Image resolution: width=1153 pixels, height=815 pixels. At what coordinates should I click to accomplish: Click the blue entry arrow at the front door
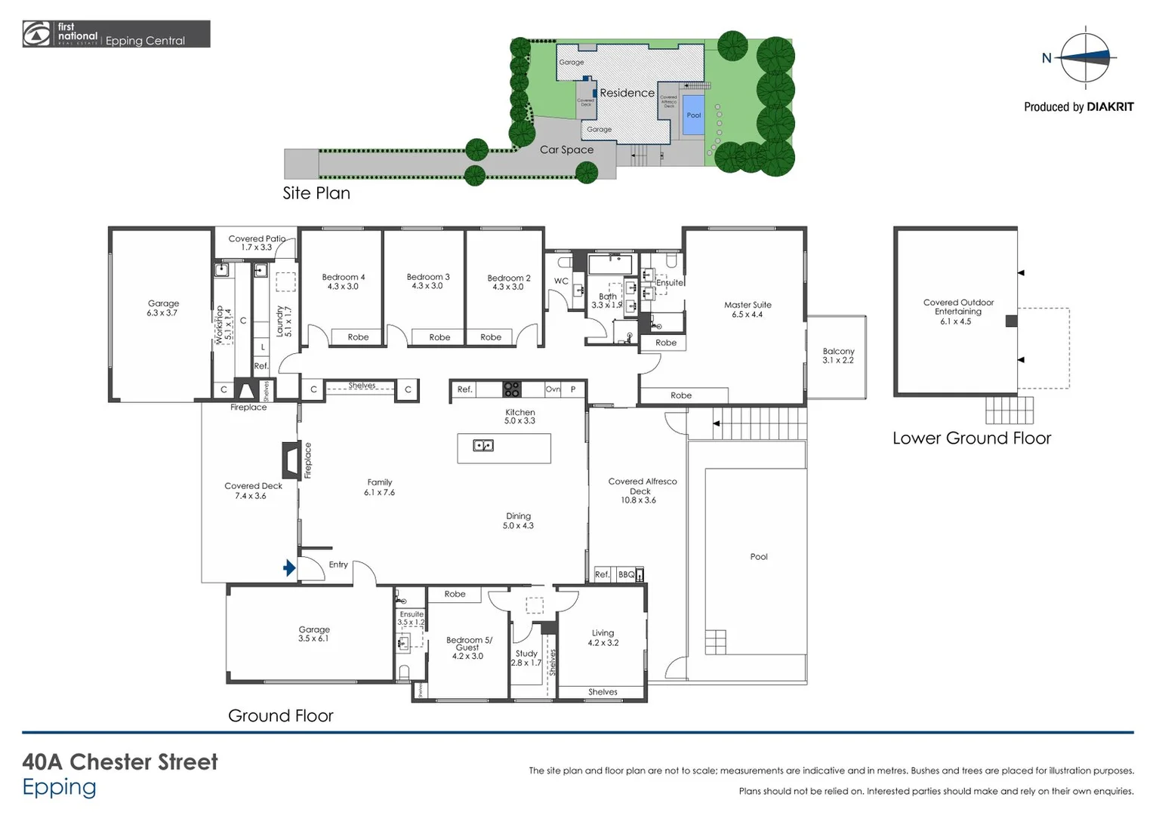pyautogui.click(x=289, y=568)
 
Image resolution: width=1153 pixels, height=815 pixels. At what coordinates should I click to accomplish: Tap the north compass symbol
pyautogui.click(x=1084, y=57)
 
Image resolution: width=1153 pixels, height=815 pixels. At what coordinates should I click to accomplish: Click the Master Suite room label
pyautogui.click(x=747, y=309)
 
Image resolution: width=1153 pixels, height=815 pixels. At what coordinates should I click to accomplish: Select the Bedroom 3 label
pyautogui.click(x=427, y=281)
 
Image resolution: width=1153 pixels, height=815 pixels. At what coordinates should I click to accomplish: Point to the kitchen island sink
pyautogui.click(x=483, y=445)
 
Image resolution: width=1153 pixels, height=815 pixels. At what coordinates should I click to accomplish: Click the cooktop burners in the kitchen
pyautogui.click(x=511, y=389)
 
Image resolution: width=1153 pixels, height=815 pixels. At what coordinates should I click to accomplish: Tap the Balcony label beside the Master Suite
pyautogui.click(x=838, y=355)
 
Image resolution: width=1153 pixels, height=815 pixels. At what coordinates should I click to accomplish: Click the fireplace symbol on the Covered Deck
pyautogui.click(x=290, y=460)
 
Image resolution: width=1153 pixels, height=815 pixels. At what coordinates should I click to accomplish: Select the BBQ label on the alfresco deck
pyautogui.click(x=626, y=575)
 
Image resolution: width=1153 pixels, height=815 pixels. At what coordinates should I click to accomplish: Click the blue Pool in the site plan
pyautogui.click(x=693, y=115)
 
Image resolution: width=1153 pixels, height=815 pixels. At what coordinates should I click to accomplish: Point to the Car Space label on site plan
pyautogui.click(x=566, y=149)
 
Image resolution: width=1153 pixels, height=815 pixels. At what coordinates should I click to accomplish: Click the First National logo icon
pyautogui.click(x=37, y=34)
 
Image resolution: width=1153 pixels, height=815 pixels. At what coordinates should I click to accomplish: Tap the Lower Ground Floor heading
pyautogui.click(x=971, y=438)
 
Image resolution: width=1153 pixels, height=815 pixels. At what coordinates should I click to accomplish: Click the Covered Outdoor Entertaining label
pyautogui.click(x=957, y=312)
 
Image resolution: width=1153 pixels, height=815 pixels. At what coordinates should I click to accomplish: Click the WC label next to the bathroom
pyautogui.click(x=561, y=281)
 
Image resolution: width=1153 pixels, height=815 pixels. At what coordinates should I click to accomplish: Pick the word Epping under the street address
pyautogui.click(x=59, y=787)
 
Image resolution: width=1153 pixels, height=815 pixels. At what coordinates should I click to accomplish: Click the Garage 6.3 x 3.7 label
pyautogui.click(x=163, y=308)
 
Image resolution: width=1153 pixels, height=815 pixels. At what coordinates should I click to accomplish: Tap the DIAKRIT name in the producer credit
pyautogui.click(x=1110, y=107)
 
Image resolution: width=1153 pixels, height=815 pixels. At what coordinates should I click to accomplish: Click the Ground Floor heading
pyautogui.click(x=280, y=716)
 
